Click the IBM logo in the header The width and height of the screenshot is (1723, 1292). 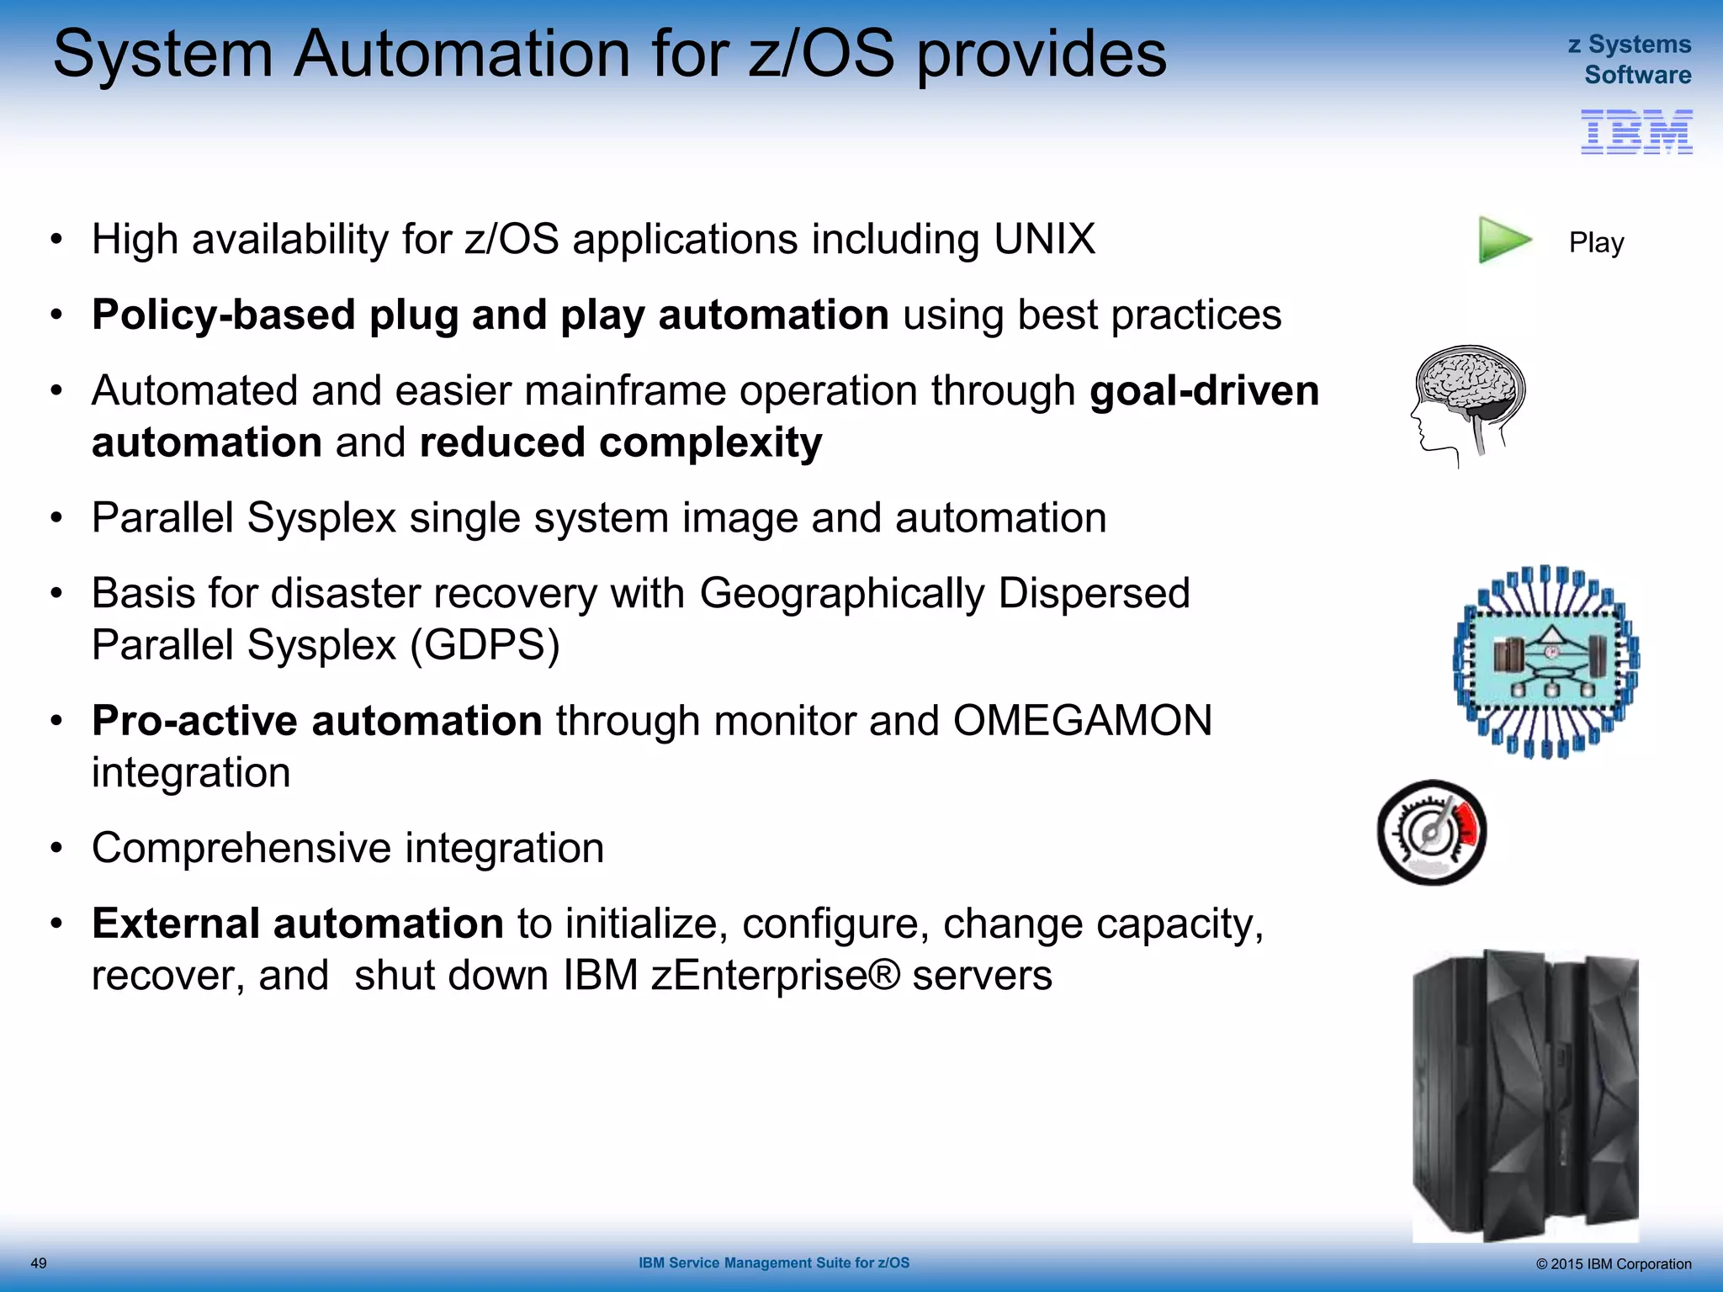click(1636, 132)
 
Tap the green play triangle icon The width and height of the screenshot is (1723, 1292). click(1503, 241)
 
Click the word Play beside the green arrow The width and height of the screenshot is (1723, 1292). click(1596, 243)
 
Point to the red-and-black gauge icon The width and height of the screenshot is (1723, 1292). click(1432, 833)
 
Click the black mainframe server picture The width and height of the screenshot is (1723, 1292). click(1525, 1095)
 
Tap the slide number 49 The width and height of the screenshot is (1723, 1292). click(39, 1263)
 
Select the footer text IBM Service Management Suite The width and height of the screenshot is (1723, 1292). click(773, 1263)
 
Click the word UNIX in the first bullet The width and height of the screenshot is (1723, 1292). click(1044, 240)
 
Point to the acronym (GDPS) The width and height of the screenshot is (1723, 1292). click(485, 646)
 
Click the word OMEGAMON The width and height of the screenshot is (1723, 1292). click(1082, 721)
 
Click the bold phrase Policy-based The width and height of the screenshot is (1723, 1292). click(224, 315)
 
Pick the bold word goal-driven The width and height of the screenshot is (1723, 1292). click(1204, 391)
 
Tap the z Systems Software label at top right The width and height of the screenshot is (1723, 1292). click(1630, 60)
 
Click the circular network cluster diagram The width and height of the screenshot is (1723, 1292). click(1546, 662)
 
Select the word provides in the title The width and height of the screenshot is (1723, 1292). click(1041, 56)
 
